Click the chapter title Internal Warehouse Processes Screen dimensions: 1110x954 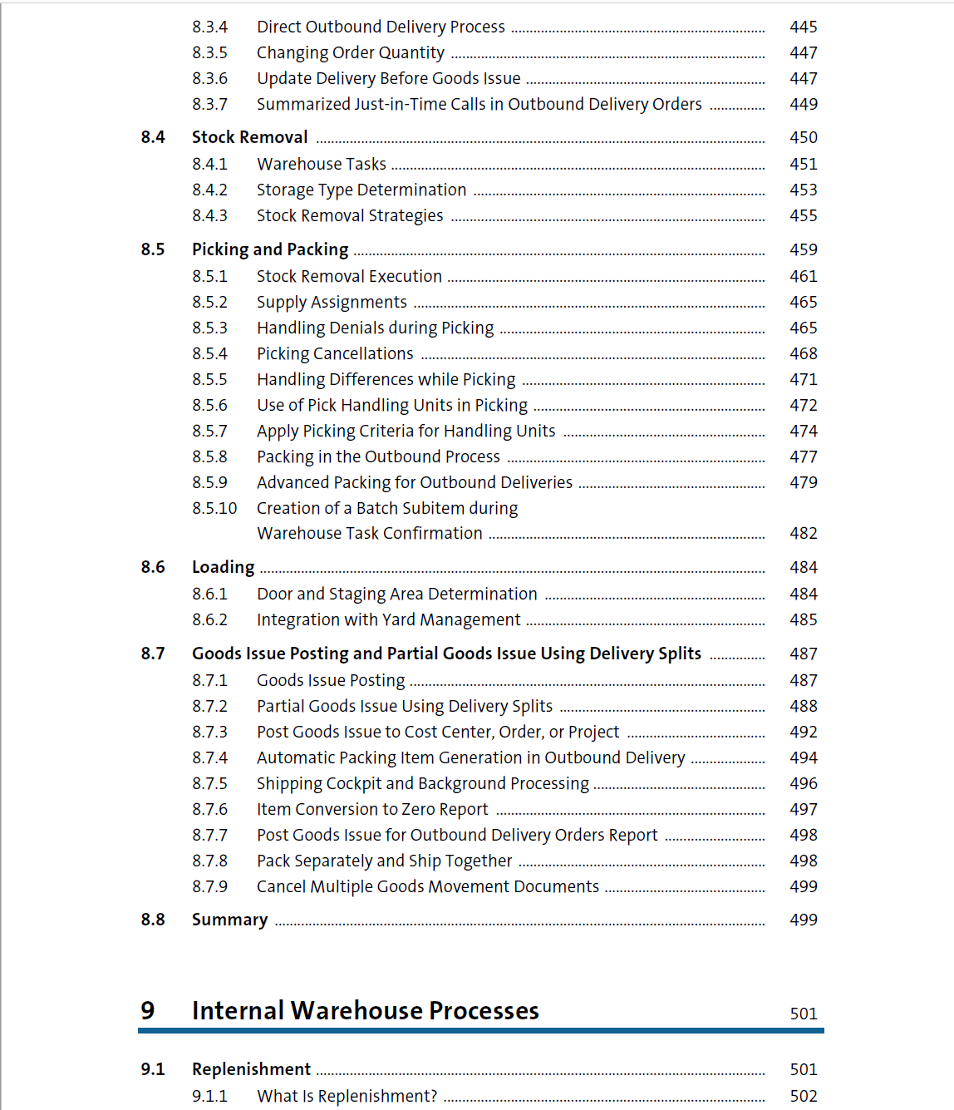tap(365, 1010)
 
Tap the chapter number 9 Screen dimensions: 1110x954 tap(148, 1010)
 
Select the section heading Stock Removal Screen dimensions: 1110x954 tap(249, 137)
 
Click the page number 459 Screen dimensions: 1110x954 tap(803, 249)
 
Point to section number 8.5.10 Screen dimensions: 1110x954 tap(214, 508)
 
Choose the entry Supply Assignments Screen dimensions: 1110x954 tap(332, 302)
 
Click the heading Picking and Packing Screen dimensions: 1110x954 tap(270, 249)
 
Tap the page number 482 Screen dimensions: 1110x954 tap(803, 533)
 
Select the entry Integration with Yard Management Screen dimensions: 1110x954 tap(388, 619)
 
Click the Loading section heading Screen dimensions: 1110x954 tap(223, 567)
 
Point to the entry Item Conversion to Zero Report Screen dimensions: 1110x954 tap(372, 809)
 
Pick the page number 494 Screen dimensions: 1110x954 tap(803, 757)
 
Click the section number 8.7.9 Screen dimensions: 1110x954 tap(209, 886)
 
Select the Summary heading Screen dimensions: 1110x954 tap(229, 920)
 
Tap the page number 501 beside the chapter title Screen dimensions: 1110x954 tap(803, 1014)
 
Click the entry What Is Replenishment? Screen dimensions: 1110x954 tap(347, 1096)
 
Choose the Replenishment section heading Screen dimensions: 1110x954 tap(251, 1069)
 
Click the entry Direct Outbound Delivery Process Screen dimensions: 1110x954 tap(381, 27)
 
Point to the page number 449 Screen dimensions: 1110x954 tap(803, 104)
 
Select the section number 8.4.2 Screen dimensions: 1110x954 tap(209, 190)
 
